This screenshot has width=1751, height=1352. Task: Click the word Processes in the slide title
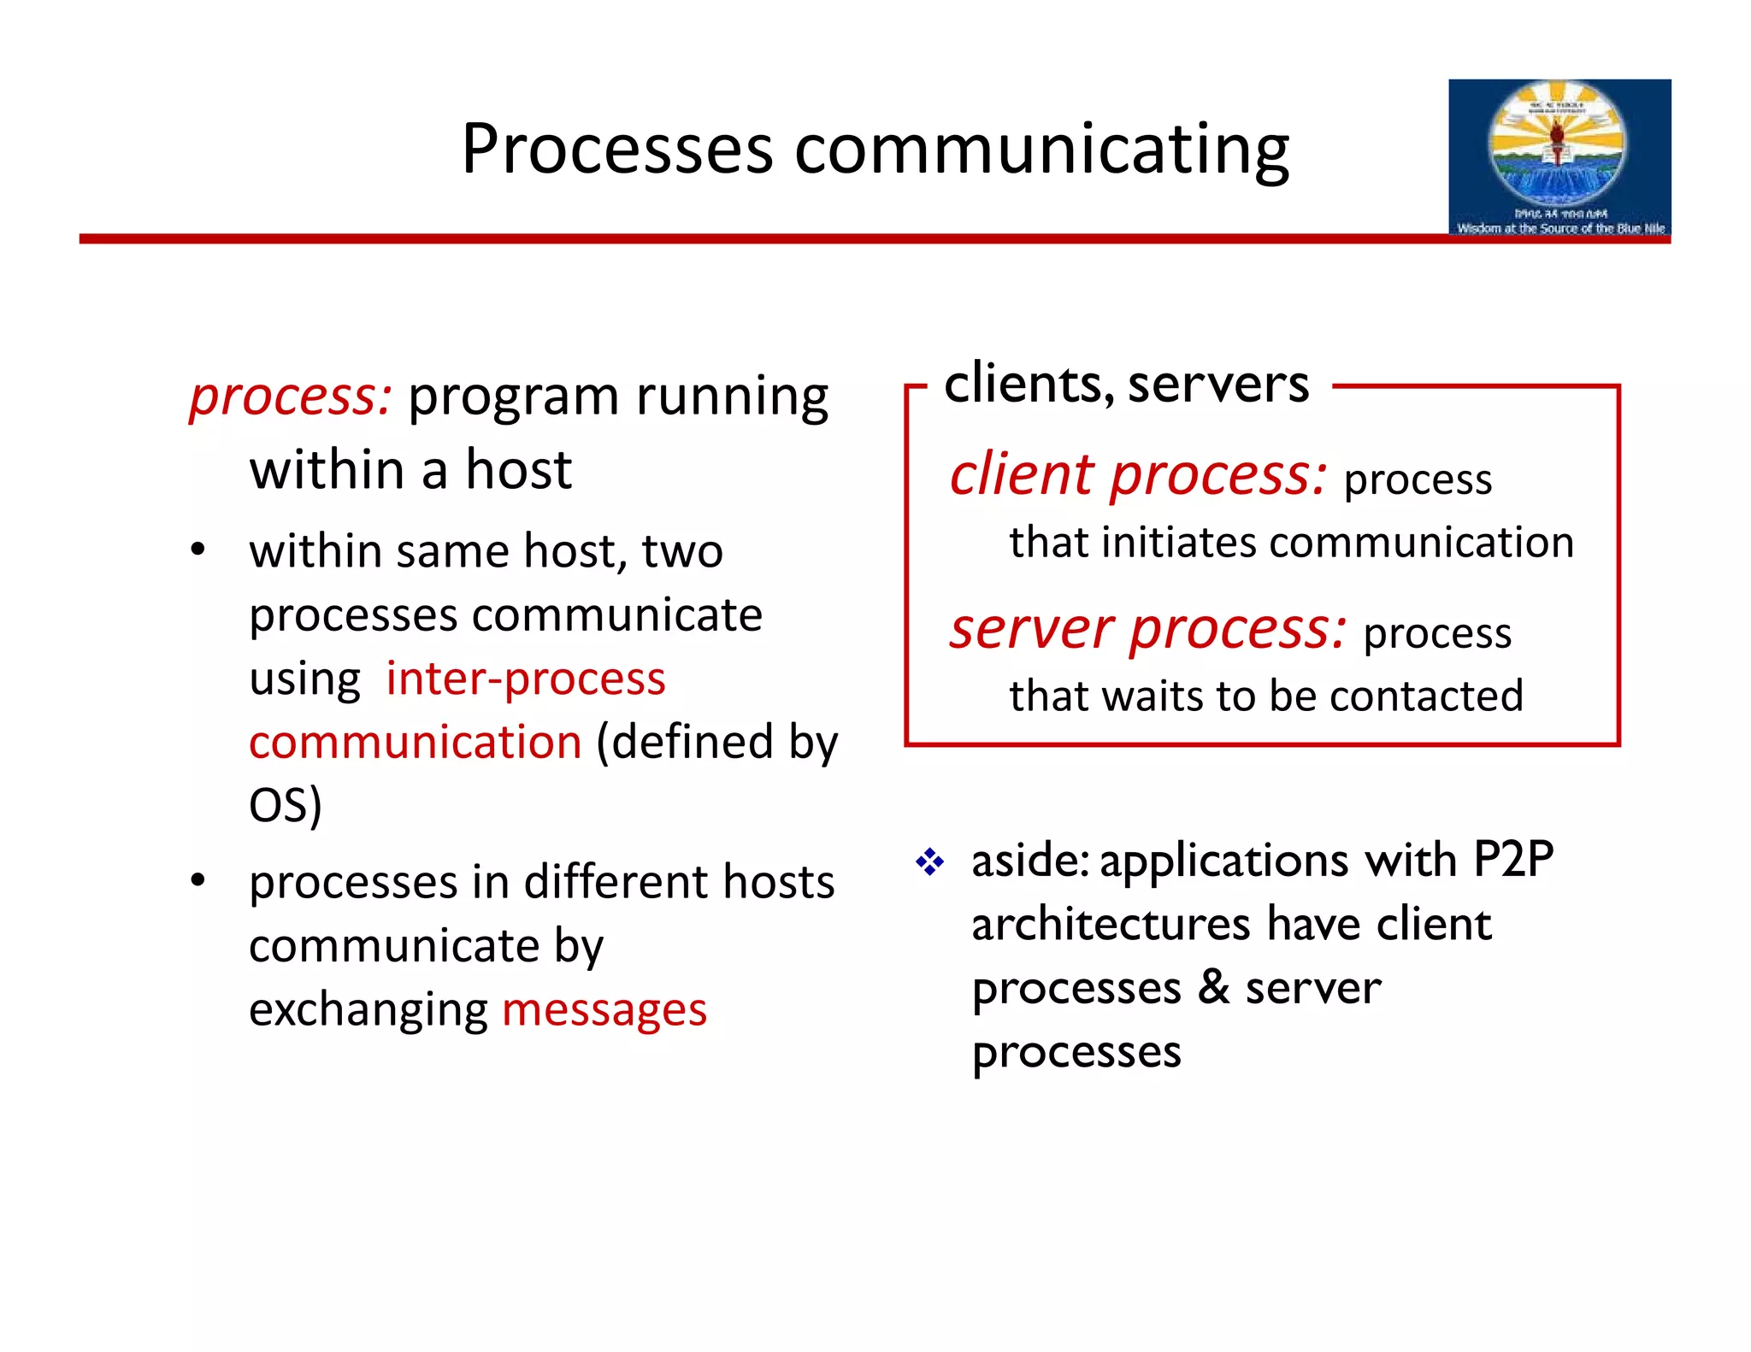(616, 150)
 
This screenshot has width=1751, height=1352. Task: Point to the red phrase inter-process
(525, 679)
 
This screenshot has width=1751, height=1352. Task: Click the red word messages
(604, 1009)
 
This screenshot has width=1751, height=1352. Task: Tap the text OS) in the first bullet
(285, 805)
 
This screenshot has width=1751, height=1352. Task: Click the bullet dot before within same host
(198, 550)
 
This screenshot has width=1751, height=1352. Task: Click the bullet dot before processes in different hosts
(198, 879)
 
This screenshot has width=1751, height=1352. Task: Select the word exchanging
(368, 1009)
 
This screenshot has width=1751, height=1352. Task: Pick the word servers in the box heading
(1218, 384)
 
